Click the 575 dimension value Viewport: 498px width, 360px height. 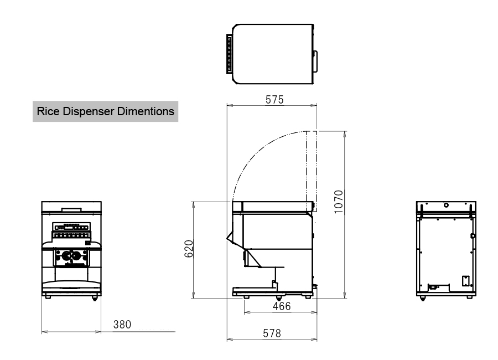pos(274,100)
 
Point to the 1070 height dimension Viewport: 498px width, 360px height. pos(339,202)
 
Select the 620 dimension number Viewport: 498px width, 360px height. pos(189,249)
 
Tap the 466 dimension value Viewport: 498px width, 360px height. pos(282,306)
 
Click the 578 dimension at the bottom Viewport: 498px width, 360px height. pos(272,333)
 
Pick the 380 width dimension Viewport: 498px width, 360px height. pos(122,325)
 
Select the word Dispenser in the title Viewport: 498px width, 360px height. pos(89,112)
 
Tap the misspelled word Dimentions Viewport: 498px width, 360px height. pos(146,111)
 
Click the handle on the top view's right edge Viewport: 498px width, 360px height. pos(315,61)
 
